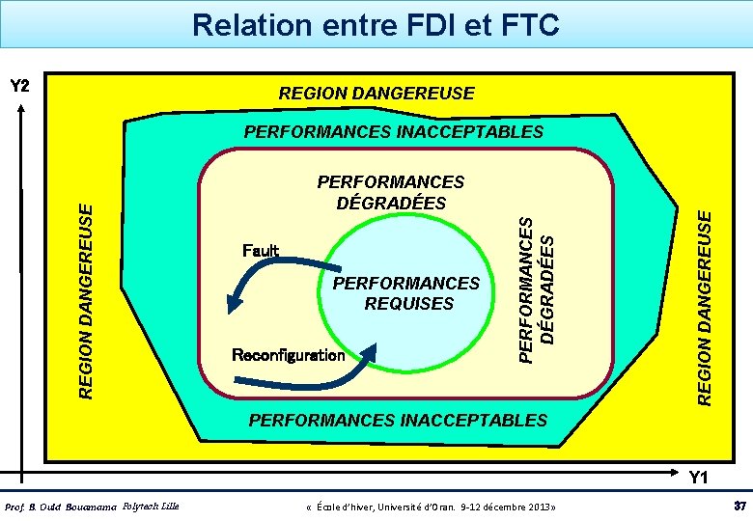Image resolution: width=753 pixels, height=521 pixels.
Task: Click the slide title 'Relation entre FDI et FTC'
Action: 376,24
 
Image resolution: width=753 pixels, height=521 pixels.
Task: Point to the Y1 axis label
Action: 698,478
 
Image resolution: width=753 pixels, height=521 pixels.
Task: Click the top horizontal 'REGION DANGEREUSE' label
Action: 376,94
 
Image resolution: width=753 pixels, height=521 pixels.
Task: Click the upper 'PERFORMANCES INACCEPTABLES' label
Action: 394,131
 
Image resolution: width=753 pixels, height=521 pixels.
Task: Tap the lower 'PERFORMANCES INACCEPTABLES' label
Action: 398,420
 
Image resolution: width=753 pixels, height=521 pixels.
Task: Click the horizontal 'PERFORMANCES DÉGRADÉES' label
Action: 391,193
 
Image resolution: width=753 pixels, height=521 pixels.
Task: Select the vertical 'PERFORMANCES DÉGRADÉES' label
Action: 537,289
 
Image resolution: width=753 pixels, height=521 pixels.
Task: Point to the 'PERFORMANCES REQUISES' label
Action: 406,293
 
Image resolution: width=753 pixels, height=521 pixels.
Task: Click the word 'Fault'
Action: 261,251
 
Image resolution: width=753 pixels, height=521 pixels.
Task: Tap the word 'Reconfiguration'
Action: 289,355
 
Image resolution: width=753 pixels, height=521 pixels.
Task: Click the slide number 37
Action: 740,507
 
